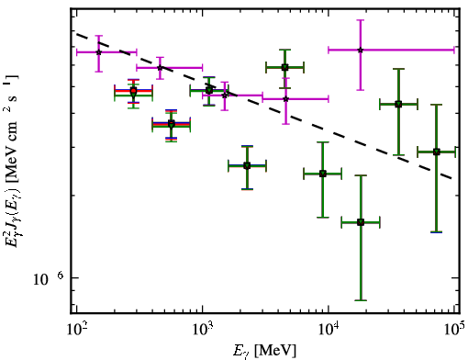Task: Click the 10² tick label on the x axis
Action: point(77,330)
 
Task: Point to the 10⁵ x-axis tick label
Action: point(455,330)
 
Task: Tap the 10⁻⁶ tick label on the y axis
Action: point(48,278)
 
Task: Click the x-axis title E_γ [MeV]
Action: point(264,351)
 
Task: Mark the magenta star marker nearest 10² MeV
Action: point(98,52)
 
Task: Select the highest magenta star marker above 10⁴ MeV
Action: point(361,50)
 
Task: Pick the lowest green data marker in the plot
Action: point(361,222)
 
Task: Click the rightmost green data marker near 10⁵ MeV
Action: point(437,152)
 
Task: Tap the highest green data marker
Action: point(284,67)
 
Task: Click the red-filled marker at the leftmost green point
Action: point(133,91)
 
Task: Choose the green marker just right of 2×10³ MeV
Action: point(247,166)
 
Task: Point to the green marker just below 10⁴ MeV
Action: point(323,174)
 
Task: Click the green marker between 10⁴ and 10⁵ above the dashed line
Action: point(398,105)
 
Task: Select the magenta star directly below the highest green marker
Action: point(285,99)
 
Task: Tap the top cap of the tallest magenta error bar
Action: point(361,20)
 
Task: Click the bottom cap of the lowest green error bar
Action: point(361,300)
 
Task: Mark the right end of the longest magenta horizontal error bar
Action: point(454,50)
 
